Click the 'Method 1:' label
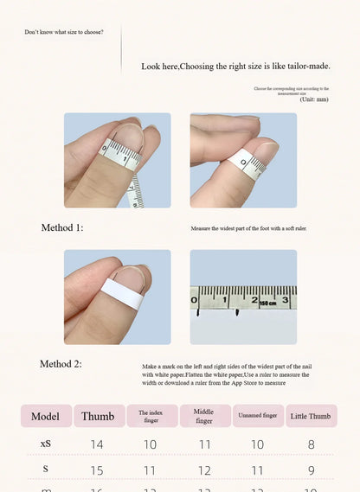point(62,228)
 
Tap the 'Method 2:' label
point(61,364)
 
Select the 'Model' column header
point(45,416)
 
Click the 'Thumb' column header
point(98,416)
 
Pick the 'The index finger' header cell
point(151,416)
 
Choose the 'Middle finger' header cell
point(204,416)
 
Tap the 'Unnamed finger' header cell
point(257,416)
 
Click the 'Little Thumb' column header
point(310,416)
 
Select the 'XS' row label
point(45,444)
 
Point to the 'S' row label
point(45,470)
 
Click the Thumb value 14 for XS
point(97,444)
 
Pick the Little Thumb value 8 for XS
point(311,444)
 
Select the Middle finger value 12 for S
point(204,471)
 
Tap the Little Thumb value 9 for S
point(311,471)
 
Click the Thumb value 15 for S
point(97,471)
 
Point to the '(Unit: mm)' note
point(314,99)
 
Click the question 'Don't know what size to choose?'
point(64,32)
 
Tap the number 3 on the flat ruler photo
point(285,300)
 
